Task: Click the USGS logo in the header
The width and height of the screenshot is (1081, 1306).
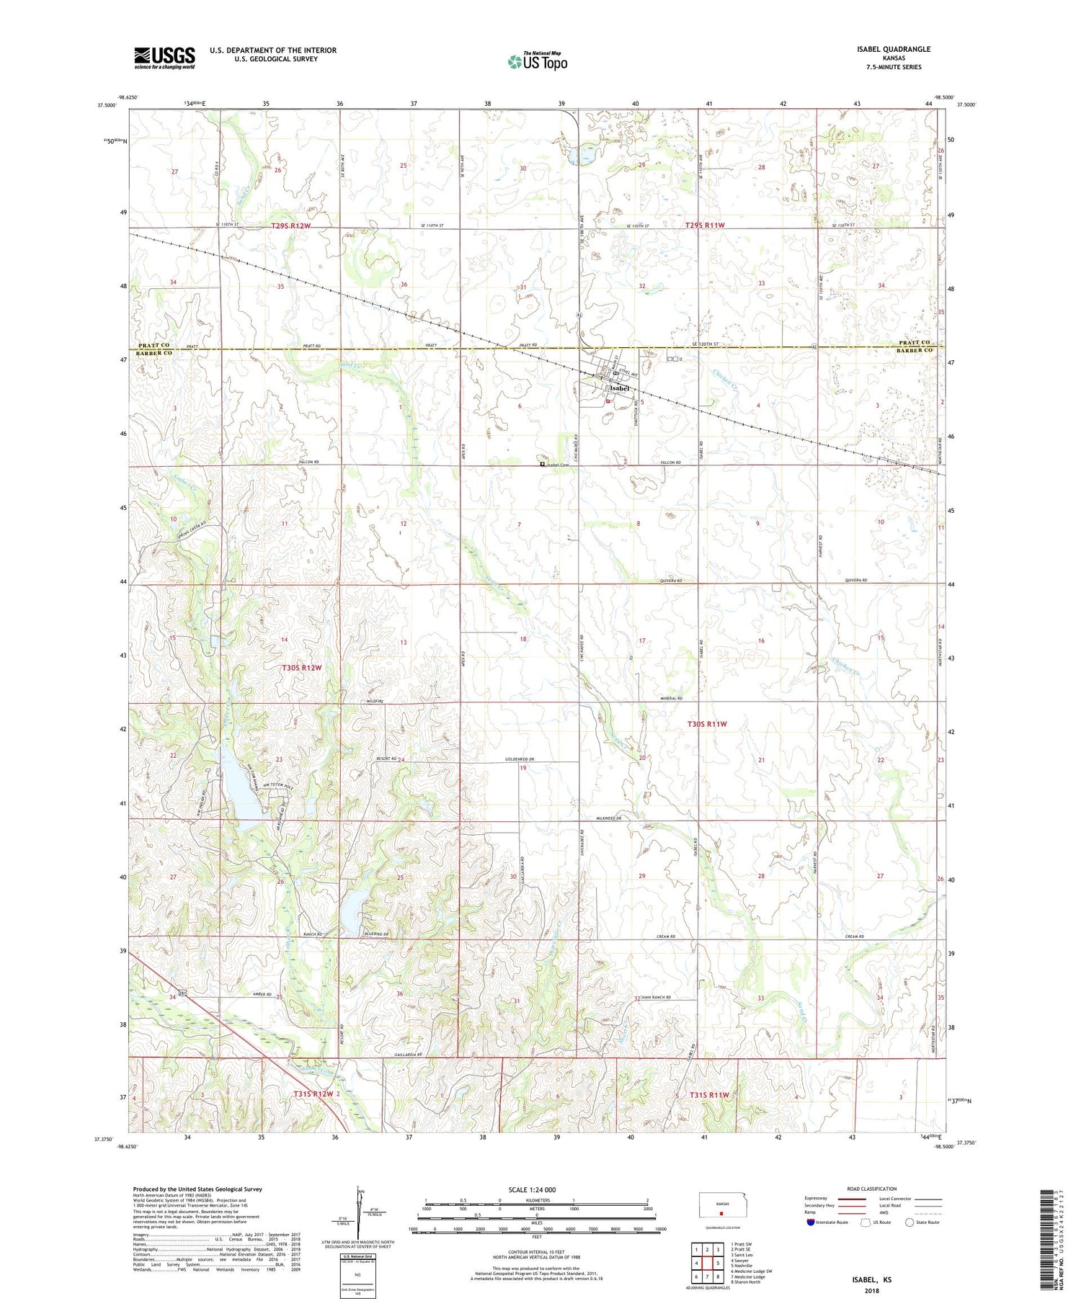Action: click(164, 58)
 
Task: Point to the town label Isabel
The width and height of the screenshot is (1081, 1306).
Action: click(618, 388)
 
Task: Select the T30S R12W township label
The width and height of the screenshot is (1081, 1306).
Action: click(301, 668)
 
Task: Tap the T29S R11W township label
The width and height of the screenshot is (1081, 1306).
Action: click(704, 225)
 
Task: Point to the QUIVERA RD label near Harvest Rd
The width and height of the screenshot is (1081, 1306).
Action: click(854, 580)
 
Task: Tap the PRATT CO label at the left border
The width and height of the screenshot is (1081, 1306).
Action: click(154, 344)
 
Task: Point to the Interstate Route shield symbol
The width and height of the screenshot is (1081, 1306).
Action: click(811, 1222)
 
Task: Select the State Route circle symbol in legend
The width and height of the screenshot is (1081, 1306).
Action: click(911, 1222)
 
